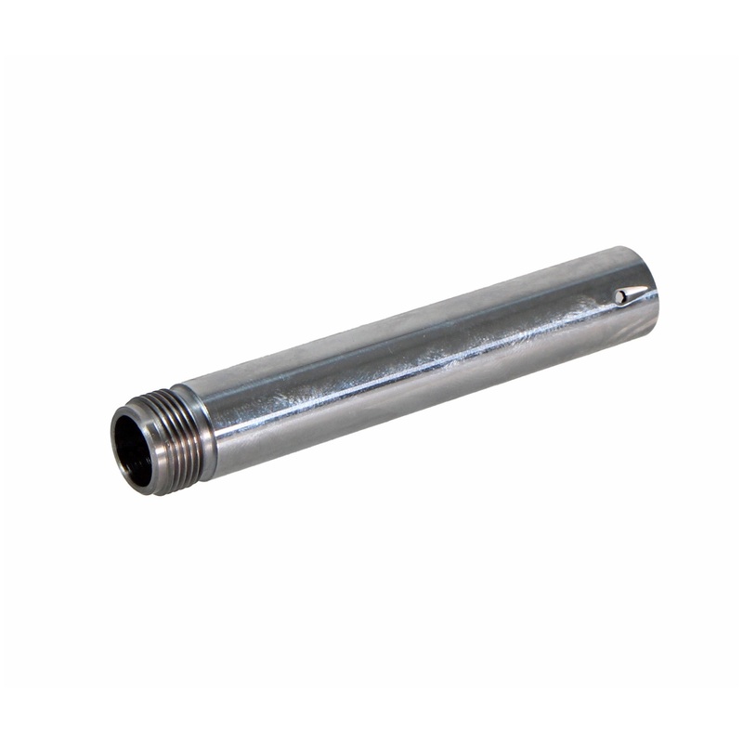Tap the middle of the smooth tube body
pos(418,362)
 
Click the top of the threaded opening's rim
pos(130,410)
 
